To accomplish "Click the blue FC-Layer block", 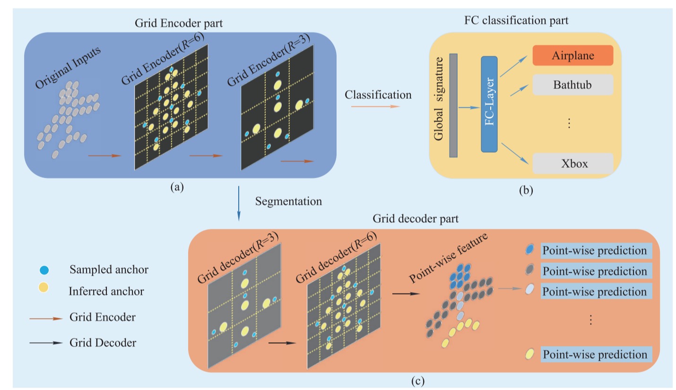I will coord(489,104).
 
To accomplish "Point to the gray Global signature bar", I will coord(453,105).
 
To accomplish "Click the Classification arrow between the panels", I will coord(375,107).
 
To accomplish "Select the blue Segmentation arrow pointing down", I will coord(239,203).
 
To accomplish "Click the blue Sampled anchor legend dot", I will coord(44,270).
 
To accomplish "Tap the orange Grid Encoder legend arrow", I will coord(46,318).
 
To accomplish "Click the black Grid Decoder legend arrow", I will coord(46,343).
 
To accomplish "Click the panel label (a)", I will coord(177,187).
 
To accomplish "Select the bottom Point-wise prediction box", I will coord(596,354).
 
